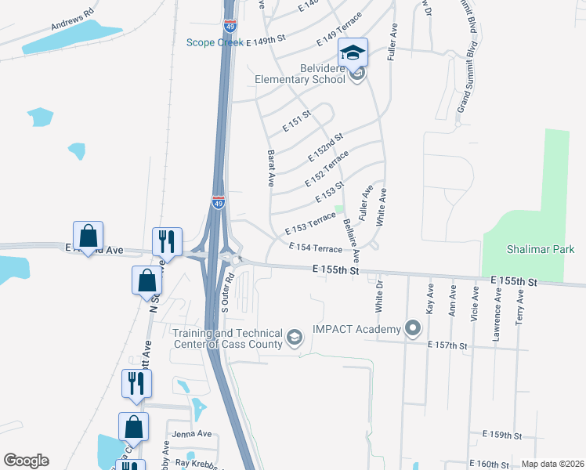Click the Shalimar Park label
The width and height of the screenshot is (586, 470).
point(540,250)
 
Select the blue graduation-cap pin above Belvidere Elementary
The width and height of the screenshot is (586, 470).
point(353,52)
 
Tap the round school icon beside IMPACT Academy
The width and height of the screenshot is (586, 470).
point(413,329)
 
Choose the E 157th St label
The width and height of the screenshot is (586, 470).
point(447,345)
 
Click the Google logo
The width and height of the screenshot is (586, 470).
point(26,461)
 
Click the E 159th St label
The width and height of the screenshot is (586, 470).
point(501,435)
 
